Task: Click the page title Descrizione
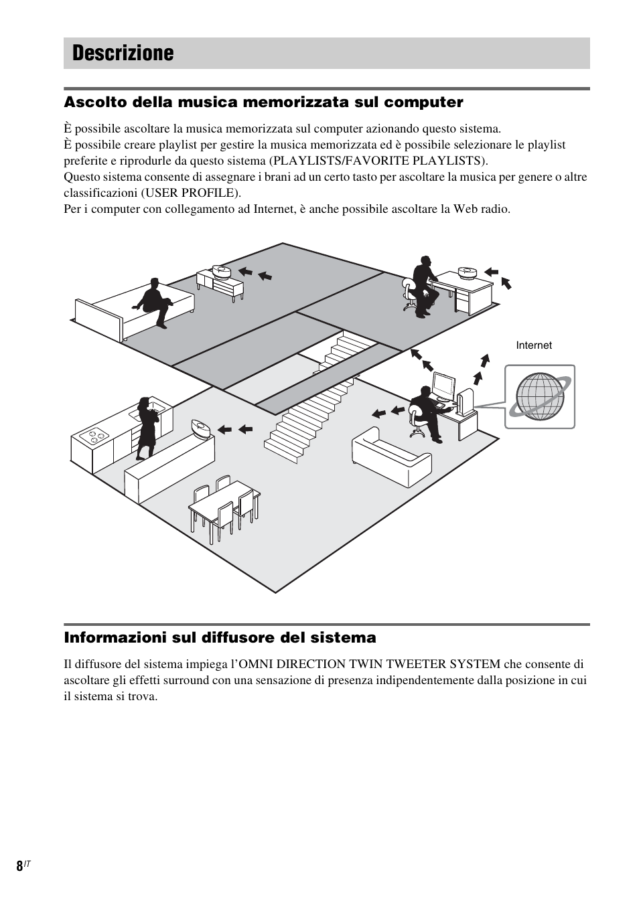[123, 53]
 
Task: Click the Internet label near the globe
[533, 345]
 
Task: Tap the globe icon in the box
[539, 396]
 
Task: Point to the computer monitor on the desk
[443, 386]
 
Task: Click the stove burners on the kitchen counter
[94, 436]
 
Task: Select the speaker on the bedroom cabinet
[221, 271]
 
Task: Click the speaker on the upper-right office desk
[467, 272]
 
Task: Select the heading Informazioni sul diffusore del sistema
[220, 637]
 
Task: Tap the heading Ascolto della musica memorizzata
[263, 102]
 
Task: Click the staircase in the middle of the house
[315, 402]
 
